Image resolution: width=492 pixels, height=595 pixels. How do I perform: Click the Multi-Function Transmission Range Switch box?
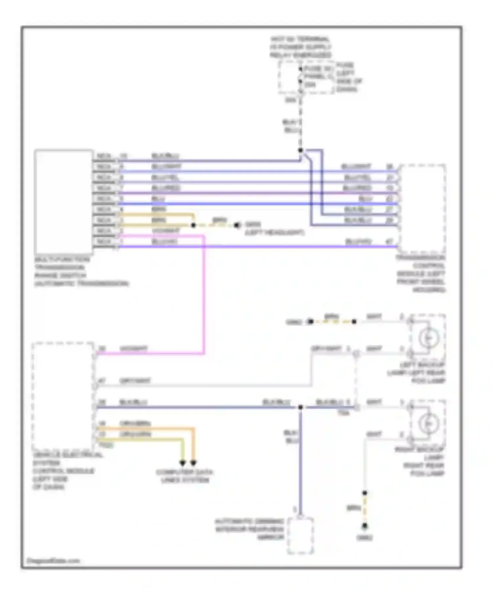point(63,202)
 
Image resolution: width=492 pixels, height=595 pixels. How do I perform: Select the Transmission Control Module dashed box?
point(422,209)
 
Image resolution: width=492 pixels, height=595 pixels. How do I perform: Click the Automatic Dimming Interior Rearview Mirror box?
point(300,536)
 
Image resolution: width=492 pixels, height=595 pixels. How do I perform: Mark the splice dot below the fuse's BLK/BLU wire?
point(300,151)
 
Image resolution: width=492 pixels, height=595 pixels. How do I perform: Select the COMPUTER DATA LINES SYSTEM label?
point(185,476)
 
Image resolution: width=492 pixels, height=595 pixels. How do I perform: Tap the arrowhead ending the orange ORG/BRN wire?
point(193,463)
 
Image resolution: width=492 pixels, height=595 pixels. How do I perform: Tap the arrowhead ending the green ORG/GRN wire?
point(183,463)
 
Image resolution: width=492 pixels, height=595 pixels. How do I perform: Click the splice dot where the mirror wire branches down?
point(300,407)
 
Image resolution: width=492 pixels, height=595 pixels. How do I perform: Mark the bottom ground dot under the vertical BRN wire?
point(364,526)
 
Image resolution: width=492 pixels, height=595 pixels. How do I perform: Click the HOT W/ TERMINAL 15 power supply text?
point(300,47)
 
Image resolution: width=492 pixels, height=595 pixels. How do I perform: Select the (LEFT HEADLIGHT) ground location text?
point(274,233)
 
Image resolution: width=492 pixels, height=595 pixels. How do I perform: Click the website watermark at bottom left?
point(53,561)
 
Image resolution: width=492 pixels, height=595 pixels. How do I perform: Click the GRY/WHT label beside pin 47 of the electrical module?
point(135,381)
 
